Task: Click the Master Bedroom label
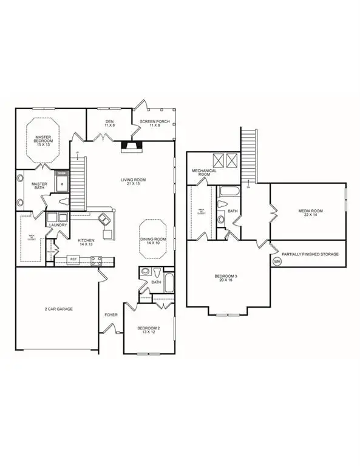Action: click(43, 141)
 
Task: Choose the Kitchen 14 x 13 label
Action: click(86, 243)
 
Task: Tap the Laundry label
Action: click(58, 225)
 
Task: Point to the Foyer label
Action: click(110, 315)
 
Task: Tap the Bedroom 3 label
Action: click(226, 279)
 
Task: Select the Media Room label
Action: click(310, 213)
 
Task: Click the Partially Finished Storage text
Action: click(310, 254)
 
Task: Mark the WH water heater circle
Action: click(277, 262)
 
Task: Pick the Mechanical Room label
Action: click(205, 172)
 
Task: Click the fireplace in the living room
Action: click(129, 146)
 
